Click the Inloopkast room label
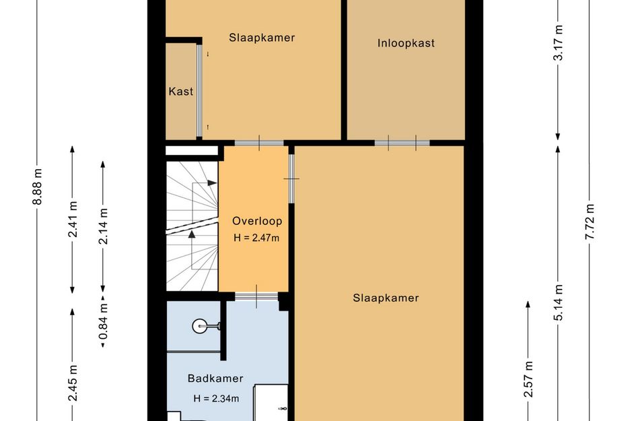(x=406, y=43)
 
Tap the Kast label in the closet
(x=181, y=92)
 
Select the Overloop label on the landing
(x=257, y=221)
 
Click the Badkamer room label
(x=215, y=379)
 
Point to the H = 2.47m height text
(x=256, y=238)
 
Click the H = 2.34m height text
(x=216, y=399)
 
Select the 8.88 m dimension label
(x=37, y=187)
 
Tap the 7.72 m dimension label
(x=590, y=222)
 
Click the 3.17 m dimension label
(x=559, y=42)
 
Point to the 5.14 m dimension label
(x=559, y=302)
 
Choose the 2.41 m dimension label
(x=73, y=219)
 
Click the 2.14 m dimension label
(x=104, y=226)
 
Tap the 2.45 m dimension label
(x=73, y=383)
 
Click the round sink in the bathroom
(x=200, y=326)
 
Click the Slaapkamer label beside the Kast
(x=262, y=38)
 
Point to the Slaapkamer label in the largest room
(x=386, y=298)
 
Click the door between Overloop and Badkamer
(x=256, y=296)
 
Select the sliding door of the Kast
(x=199, y=91)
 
